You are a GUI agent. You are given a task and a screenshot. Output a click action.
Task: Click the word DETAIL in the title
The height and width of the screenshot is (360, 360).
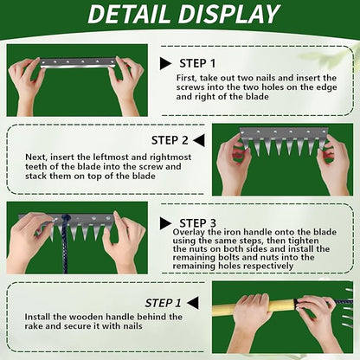point(128,14)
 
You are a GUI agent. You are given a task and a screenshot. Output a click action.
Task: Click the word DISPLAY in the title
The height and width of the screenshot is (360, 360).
point(227,14)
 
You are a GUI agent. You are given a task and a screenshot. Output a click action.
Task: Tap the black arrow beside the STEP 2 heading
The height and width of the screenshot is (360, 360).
point(199,140)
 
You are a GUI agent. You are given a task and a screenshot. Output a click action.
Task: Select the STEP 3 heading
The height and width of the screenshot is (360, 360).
point(197,223)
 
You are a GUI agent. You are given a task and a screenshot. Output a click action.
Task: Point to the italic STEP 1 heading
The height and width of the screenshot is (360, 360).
point(163,303)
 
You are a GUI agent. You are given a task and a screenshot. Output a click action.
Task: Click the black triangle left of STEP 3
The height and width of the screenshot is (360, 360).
point(166,223)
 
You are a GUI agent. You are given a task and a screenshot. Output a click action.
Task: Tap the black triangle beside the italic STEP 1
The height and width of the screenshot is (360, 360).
point(193,303)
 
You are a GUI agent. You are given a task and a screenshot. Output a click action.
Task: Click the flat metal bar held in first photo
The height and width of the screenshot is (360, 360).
point(78,62)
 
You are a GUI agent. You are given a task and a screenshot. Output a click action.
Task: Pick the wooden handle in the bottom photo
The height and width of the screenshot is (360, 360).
point(254,308)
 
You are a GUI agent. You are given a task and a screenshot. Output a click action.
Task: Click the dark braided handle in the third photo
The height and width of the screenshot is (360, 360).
point(65,244)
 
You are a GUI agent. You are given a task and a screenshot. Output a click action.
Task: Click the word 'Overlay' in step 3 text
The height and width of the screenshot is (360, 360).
point(189,232)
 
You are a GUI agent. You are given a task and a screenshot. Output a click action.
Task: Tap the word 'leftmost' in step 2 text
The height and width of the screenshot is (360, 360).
point(111,157)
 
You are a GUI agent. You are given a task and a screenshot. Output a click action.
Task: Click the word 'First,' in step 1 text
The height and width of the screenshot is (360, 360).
point(187,78)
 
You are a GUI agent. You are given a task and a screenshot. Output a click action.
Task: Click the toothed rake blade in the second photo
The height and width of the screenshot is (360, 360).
point(284,140)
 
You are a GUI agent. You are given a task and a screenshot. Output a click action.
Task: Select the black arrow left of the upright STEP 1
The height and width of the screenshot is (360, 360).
point(166,63)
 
